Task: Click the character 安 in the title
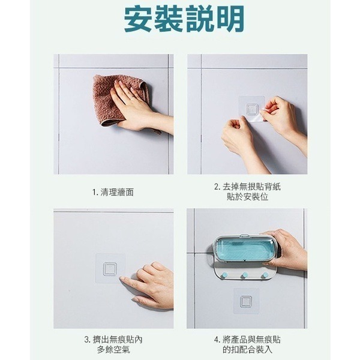139,20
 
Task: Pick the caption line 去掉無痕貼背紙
247,187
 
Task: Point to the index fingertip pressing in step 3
122,279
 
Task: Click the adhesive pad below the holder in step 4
247,302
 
